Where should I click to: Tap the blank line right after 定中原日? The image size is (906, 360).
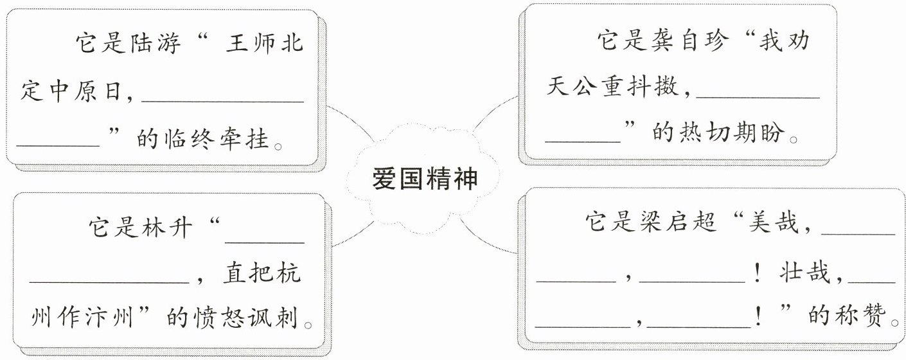pos(222,101)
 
